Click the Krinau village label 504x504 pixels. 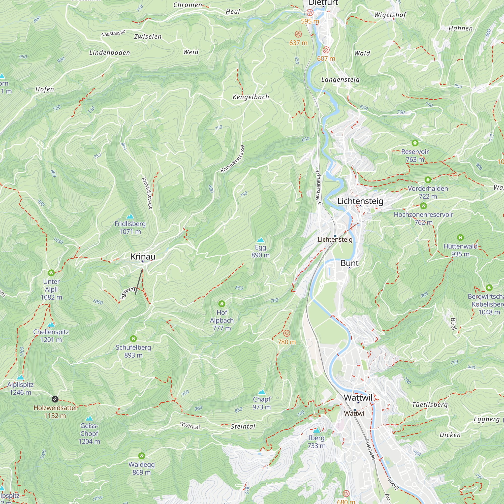(143, 257)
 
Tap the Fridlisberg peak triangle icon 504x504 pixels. (130, 216)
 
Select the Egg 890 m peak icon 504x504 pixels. (260, 240)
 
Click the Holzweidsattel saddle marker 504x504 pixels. (55, 399)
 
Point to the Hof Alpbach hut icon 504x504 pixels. (222, 304)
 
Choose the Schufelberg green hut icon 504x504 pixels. (133, 339)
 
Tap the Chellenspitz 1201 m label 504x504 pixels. (51, 335)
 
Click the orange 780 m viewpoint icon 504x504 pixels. (287, 333)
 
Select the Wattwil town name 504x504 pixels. (358, 398)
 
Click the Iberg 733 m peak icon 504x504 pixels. (317, 430)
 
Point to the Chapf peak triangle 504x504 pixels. (262, 392)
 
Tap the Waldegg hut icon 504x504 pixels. (141, 456)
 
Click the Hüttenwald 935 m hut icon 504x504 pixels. (460, 237)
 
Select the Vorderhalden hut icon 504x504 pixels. (428, 180)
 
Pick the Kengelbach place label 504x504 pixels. (251, 97)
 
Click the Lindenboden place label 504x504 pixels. (110, 53)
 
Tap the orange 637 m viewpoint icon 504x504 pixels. (298, 34)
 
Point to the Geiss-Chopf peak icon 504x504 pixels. (89, 418)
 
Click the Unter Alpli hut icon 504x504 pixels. (51, 273)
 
